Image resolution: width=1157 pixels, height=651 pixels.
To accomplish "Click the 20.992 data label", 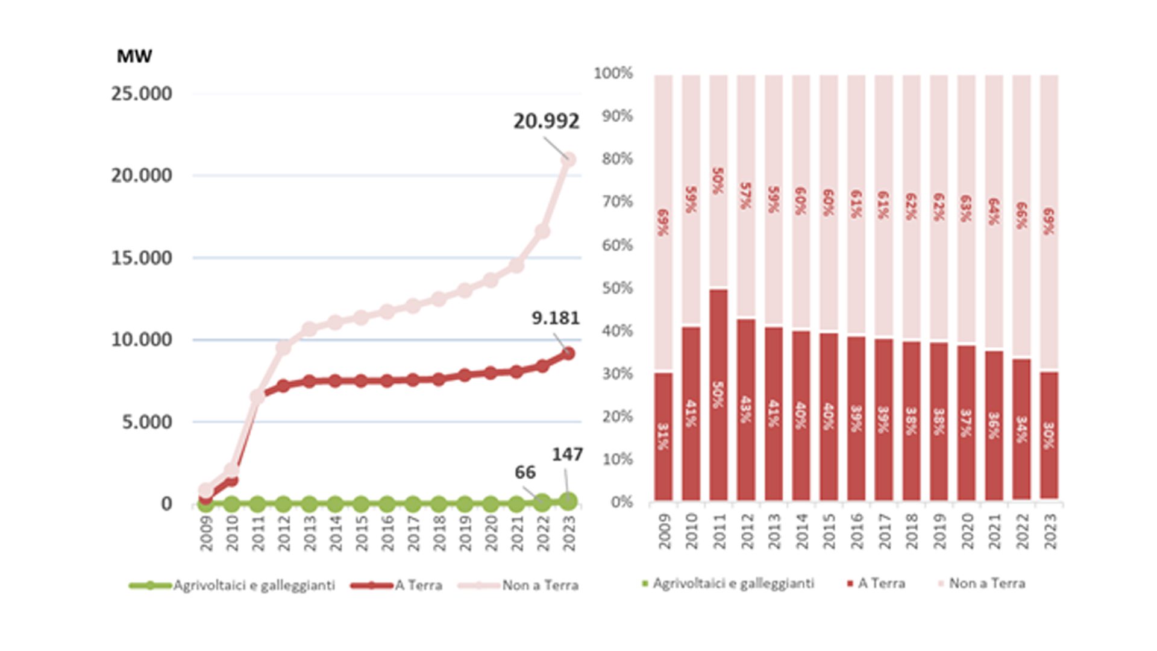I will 546,122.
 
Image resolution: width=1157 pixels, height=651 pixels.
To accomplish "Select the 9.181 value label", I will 555,318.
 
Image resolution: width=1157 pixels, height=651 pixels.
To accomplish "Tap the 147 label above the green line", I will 567,455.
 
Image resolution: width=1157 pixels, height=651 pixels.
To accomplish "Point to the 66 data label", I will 525,473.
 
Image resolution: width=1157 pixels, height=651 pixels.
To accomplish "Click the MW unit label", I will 134,57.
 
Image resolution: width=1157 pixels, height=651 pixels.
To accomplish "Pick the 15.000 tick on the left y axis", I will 142,258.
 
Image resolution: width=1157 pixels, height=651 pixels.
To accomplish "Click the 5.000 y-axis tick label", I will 147,422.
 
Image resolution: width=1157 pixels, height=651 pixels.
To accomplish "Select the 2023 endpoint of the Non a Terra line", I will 568,160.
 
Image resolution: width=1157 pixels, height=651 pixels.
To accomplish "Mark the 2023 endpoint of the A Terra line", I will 568,354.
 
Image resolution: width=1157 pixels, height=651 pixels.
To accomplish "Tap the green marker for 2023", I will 568,500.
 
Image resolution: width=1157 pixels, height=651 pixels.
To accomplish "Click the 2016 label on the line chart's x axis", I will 387,533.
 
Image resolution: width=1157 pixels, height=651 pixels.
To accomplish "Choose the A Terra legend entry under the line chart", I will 418,585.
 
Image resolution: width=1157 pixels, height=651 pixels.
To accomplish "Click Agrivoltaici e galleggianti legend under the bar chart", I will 733,583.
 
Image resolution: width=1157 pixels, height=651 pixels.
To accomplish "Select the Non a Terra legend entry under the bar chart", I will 986,583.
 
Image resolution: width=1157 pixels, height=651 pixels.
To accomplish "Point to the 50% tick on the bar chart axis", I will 617,288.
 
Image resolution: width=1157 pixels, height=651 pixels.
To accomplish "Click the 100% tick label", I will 613,74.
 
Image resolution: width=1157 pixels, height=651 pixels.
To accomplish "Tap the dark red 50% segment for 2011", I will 718,395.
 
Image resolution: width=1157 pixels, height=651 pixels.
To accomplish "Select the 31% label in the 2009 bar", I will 663,437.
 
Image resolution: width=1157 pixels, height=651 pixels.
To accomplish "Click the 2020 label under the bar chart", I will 967,531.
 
